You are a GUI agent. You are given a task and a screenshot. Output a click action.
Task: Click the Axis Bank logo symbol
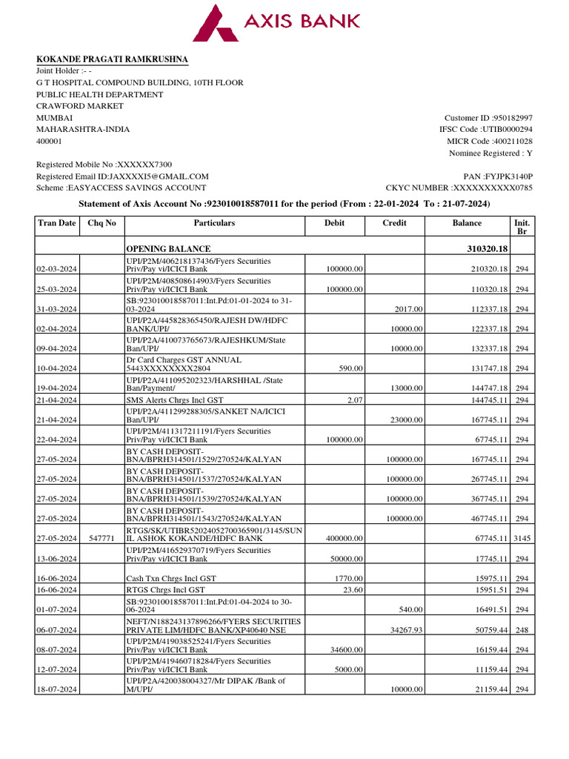click(x=216, y=22)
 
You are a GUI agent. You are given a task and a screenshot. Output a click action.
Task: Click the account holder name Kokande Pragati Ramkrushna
click(x=112, y=59)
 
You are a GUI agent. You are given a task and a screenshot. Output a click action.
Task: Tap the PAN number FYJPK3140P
click(x=508, y=176)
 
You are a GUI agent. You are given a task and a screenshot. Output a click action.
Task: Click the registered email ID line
click(x=122, y=176)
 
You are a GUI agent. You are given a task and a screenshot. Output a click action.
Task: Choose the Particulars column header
click(x=214, y=222)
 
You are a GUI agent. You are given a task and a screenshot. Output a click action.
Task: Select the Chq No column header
click(x=102, y=222)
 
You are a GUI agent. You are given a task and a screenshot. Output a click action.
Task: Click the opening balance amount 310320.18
click(x=482, y=248)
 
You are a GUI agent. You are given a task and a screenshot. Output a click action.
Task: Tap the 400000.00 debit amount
click(x=344, y=539)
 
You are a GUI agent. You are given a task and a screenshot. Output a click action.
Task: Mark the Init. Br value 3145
click(x=522, y=539)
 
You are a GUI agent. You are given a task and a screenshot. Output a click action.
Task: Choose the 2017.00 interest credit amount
click(x=408, y=309)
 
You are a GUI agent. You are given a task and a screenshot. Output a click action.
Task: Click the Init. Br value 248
click(x=522, y=629)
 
